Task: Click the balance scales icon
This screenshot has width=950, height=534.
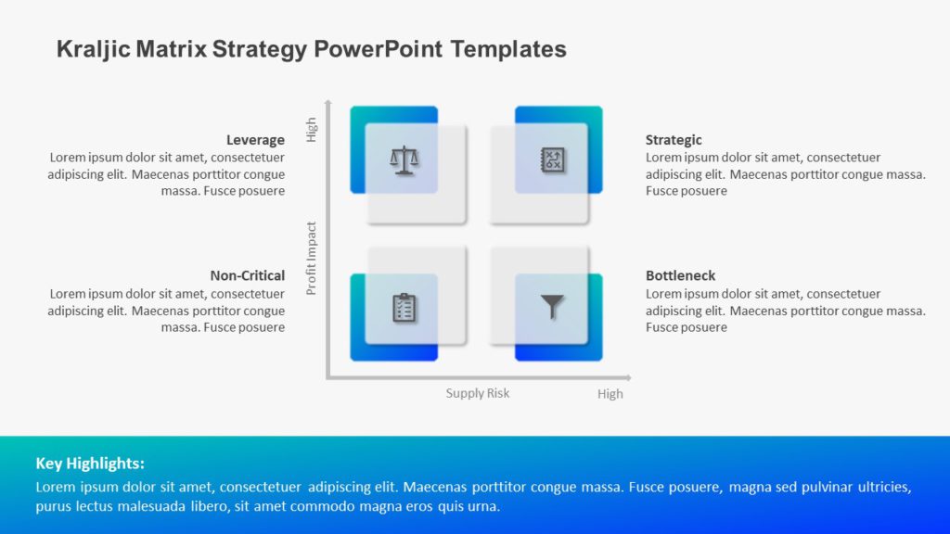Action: click(x=404, y=159)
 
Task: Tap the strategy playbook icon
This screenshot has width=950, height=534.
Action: click(x=553, y=159)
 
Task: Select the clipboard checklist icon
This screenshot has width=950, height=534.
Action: click(x=404, y=307)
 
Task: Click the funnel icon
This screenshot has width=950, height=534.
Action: click(x=553, y=306)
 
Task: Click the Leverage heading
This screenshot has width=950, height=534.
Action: click(x=255, y=140)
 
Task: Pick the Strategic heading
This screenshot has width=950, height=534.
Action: click(x=674, y=140)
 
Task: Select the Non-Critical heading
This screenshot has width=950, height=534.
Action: click(x=247, y=275)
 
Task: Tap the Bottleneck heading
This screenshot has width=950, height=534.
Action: click(x=680, y=275)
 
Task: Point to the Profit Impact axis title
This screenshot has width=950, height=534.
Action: click(x=312, y=258)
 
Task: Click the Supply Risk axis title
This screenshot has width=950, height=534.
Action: click(x=478, y=393)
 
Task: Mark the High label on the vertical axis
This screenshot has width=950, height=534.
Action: click(x=312, y=130)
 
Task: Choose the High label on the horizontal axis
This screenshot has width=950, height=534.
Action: click(x=610, y=394)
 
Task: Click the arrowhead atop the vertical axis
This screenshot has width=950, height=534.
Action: click(x=327, y=102)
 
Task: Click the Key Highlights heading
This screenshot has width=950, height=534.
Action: click(x=90, y=464)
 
